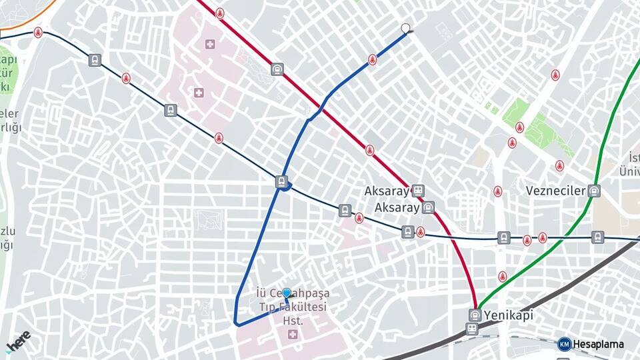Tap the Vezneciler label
555,191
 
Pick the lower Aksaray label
397,207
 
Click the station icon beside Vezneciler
594,191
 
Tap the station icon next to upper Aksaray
418,191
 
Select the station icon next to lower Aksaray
429,207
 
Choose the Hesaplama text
599,344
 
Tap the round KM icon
564,344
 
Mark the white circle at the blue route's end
405,29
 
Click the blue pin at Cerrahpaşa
287,293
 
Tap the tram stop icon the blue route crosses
282,181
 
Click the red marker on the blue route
372,60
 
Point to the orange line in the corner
27,20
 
